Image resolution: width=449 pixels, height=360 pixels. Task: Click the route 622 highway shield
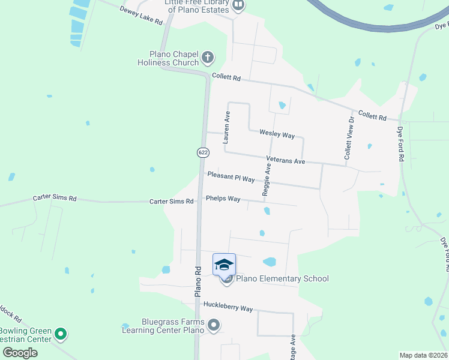click(203, 153)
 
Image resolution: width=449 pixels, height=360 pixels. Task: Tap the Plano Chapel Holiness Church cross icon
click(208, 58)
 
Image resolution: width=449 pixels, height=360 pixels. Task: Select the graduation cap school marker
click(224, 265)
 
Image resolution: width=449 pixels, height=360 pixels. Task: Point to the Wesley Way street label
click(277, 135)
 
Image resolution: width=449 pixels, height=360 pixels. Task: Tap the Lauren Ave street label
click(227, 127)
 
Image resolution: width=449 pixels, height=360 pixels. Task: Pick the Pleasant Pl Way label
click(231, 178)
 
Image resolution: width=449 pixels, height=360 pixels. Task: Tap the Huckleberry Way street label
click(228, 307)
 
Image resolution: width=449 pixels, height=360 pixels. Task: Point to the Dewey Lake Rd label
click(142, 16)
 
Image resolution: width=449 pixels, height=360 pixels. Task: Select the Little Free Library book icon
click(238, 6)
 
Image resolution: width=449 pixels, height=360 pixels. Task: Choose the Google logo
click(20, 352)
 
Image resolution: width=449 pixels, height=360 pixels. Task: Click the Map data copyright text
click(423, 355)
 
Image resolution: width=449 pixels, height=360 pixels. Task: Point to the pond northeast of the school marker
click(270, 262)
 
